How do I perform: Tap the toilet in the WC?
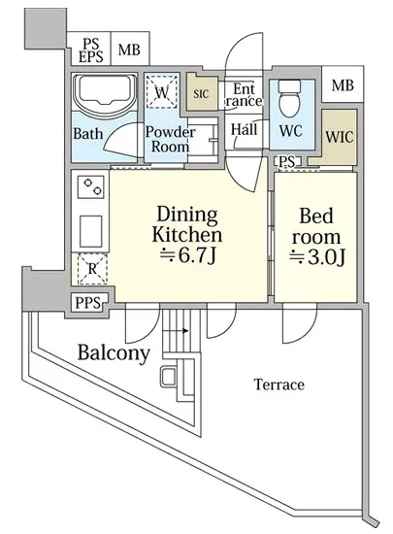pos(289,98)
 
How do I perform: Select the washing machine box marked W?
pos(162,92)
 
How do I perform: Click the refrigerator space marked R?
pos(92,269)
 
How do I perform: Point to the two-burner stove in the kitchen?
pos(90,186)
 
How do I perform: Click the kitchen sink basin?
pos(91,232)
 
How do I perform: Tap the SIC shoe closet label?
pos(201,93)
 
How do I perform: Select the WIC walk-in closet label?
pos(340,137)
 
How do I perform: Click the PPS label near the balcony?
pos(87,302)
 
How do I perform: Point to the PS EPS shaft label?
pos(91,50)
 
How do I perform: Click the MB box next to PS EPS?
pos(129,50)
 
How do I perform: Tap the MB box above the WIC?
pos(343,84)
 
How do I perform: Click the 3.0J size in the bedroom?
pos(317,257)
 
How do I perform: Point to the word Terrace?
pos(279,384)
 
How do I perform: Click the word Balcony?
pos(114,353)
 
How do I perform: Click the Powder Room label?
pos(170,139)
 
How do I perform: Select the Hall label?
pos(244,130)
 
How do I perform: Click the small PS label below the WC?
pos(286,161)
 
